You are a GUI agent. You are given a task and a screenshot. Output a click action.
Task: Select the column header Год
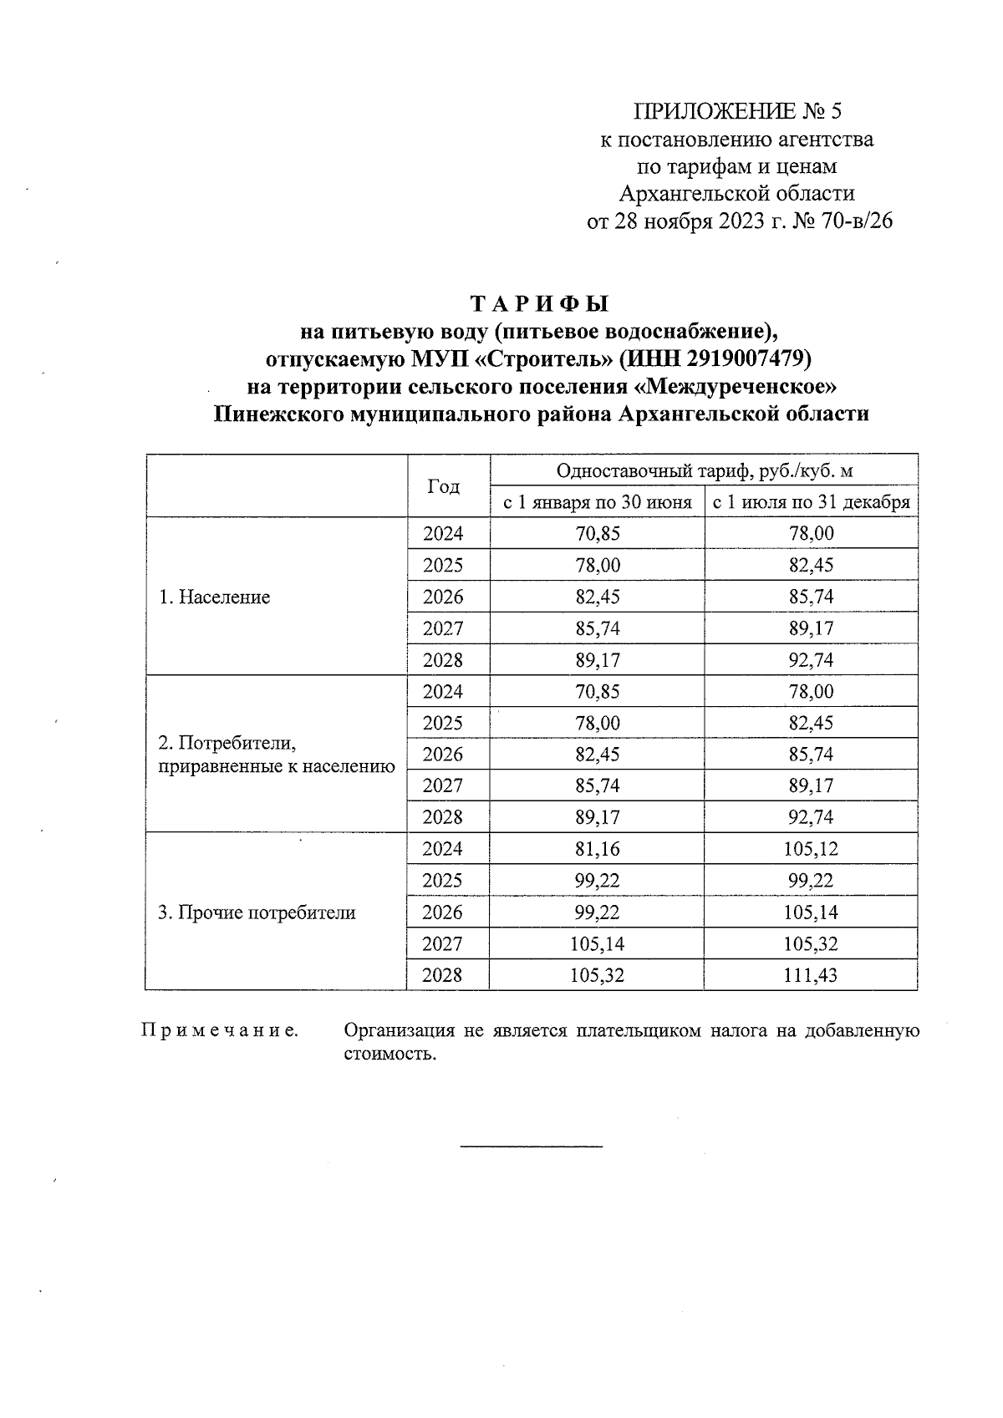click(443, 487)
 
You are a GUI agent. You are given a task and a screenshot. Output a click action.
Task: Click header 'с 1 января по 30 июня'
click(597, 503)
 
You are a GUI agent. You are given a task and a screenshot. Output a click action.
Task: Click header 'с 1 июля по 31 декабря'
click(811, 503)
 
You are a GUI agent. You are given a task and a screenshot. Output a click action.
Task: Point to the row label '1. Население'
click(214, 597)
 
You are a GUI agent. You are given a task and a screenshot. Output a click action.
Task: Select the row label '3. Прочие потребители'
click(257, 912)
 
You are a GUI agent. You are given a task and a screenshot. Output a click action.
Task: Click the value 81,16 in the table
click(597, 850)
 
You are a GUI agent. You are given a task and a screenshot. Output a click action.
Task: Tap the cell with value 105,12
click(811, 850)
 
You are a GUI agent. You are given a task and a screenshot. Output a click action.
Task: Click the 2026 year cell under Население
click(443, 597)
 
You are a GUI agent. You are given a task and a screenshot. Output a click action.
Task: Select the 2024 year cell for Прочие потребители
click(443, 850)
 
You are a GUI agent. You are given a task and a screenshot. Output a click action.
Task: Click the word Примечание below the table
click(220, 1031)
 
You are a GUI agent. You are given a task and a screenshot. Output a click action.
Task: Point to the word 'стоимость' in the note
click(389, 1054)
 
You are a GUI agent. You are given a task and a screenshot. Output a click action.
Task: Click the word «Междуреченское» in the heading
click(736, 387)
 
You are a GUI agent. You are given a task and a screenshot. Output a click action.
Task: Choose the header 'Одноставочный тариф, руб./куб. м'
click(704, 471)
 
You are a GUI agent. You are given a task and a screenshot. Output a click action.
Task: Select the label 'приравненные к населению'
click(276, 765)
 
